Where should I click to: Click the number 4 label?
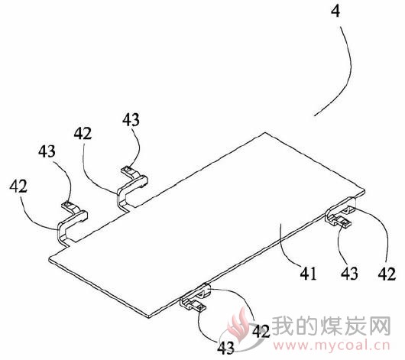335,11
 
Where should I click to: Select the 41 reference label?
308,273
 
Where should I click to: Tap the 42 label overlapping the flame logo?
261,331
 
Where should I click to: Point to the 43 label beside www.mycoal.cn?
225,348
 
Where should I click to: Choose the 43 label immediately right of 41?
349,273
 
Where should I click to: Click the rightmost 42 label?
387,274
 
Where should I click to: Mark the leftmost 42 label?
18,186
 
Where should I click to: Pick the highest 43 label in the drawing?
131,119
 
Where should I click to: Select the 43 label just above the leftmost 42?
47,151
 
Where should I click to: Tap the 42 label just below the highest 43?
83,134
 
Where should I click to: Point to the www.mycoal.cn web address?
332,345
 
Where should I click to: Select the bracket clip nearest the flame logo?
196,298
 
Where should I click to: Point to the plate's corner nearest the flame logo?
149,317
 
